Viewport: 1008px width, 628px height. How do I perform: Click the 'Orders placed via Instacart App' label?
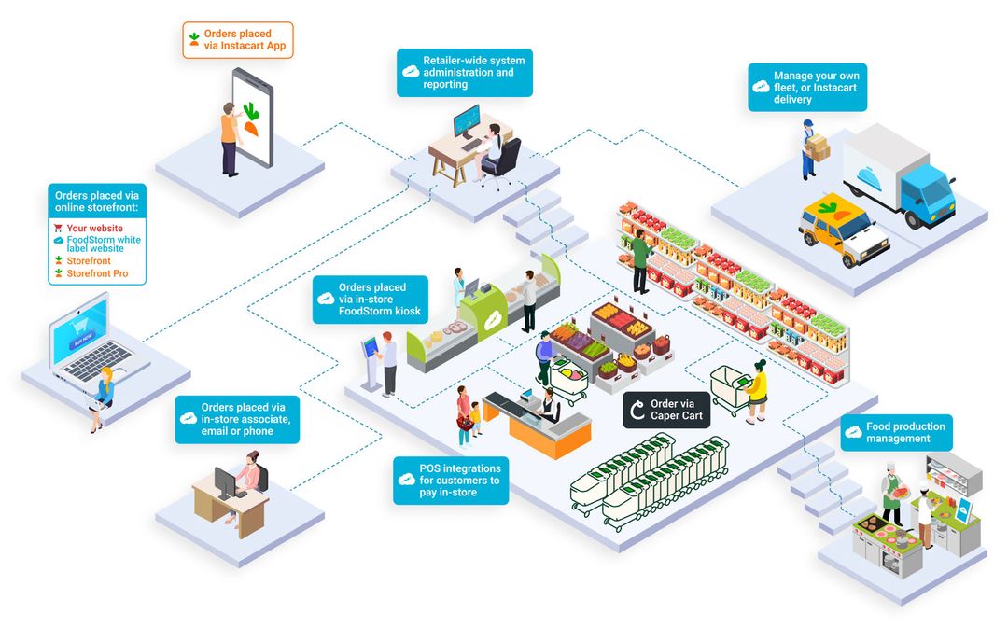(x=238, y=40)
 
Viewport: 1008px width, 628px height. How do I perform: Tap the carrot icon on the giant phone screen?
(x=250, y=120)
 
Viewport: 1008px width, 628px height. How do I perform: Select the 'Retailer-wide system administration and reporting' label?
(x=465, y=73)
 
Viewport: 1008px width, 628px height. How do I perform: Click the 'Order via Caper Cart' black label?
(x=666, y=410)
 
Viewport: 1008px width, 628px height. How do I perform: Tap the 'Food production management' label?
(x=896, y=432)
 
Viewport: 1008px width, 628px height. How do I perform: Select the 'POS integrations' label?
(x=451, y=480)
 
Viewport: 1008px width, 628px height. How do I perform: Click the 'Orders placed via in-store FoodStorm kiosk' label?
(x=371, y=299)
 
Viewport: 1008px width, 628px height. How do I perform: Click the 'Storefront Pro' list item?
(x=97, y=274)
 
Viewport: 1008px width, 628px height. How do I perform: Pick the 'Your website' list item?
(x=94, y=229)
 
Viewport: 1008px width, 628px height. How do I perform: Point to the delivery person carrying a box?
(x=809, y=148)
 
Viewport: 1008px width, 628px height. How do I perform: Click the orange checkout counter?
(x=552, y=434)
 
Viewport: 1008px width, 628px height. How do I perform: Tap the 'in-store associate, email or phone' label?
(x=237, y=419)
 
